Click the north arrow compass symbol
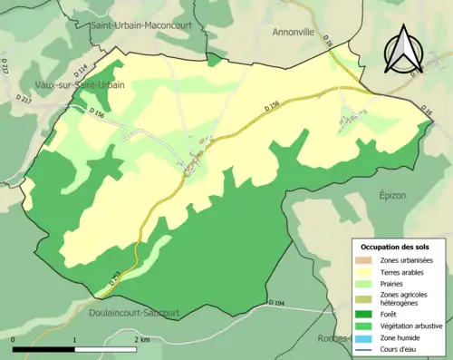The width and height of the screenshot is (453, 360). pyautogui.click(x=402, y=51)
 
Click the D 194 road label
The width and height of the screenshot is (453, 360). pyautogui.click(x=275, y=302)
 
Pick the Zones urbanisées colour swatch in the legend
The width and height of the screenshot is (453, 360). pyautogui.click(x=366, y=261)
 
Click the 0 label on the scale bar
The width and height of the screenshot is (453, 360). pyautogui.click(x=14, y=339)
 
